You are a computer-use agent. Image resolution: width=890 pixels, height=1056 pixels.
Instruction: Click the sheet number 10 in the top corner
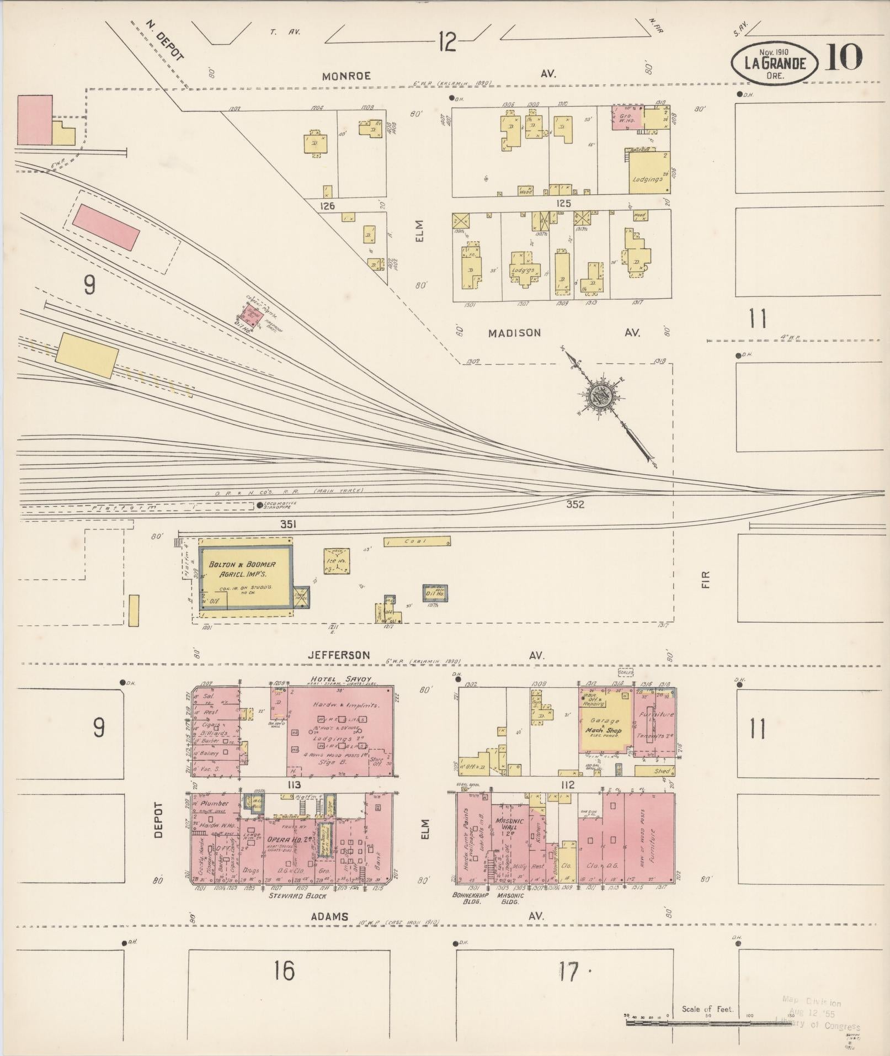843,57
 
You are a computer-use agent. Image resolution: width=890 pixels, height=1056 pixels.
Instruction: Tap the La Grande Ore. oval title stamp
775,63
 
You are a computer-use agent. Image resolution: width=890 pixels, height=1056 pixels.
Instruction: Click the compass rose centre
599,396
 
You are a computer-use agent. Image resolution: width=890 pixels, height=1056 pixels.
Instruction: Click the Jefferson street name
338,655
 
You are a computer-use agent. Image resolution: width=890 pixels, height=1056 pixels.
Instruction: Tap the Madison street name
514,333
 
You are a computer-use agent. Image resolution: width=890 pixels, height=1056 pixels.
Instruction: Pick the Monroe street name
347,76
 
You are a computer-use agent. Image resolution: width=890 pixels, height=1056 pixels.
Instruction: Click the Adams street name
329,916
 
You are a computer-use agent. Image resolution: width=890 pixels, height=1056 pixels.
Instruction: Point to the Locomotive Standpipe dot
260,505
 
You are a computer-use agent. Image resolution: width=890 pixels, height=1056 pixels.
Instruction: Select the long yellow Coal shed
417,542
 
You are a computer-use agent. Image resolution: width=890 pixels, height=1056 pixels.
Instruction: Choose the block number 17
568,972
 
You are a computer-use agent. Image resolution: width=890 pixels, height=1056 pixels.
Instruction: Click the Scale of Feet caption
707,1009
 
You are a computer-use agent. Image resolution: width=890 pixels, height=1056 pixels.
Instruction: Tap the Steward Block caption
297,896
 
